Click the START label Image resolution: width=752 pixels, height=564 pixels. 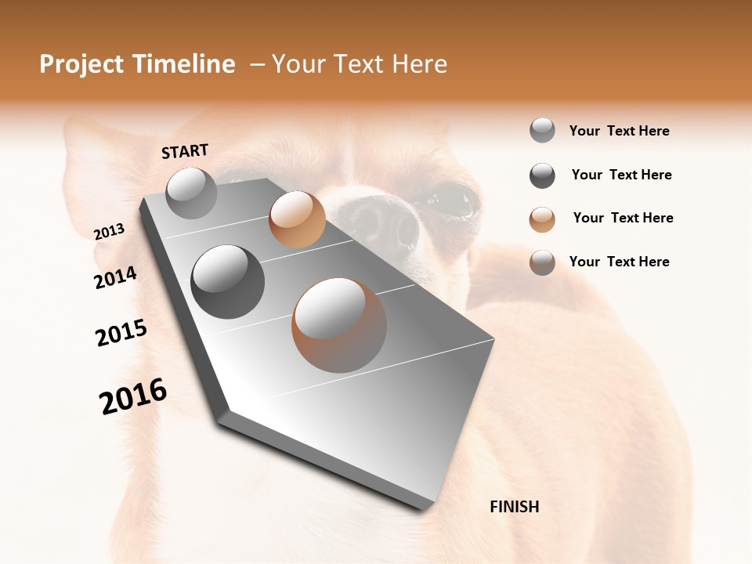[x=185, y=151]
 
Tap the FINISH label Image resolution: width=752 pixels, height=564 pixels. [x=514, y=507]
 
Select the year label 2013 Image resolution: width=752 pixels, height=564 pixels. [x=109, y=232]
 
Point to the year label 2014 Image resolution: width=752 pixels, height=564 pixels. [x=115, y=277]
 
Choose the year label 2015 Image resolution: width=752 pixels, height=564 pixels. [x=121, y=333]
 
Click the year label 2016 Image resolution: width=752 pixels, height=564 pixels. [x=133, y=396]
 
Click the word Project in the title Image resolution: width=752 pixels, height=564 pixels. [x=82, y=64]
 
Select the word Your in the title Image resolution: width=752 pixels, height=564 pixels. [x=298, y=64]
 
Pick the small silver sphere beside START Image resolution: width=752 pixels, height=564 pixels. [x=191, y=193]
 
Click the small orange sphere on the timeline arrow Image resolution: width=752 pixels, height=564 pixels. [x=297, y=219]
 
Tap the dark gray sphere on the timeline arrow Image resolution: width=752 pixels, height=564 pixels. [x=228, y=282]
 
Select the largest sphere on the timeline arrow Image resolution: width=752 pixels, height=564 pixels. [x=339, y=325]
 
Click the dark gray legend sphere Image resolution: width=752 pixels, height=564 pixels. [x=542, y=175]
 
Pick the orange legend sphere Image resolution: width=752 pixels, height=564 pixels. [x=542, y=219]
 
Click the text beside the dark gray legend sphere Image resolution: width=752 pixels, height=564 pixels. [x=621, y=175]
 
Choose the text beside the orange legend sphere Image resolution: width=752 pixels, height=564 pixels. [x=623, y=218]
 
